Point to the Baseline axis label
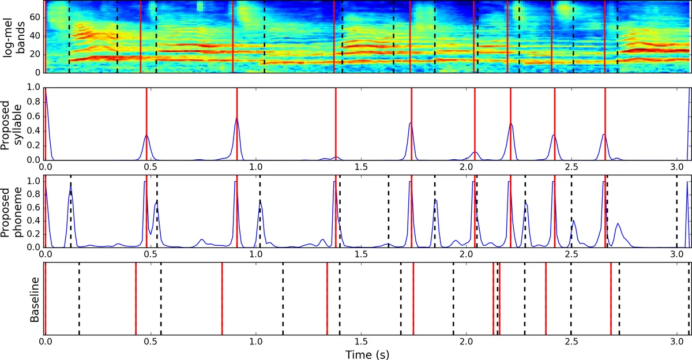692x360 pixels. click(34, 299)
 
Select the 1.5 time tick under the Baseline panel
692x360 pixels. click(361, 342)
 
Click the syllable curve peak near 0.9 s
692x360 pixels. click(236, 118)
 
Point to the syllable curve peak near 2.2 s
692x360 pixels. click(510, 123)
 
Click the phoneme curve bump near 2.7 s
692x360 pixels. click(618, 224)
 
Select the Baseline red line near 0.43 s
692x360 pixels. click(136, 299)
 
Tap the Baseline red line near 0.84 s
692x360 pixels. click(222, 299)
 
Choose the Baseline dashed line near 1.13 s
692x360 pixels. click(283, 299)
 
